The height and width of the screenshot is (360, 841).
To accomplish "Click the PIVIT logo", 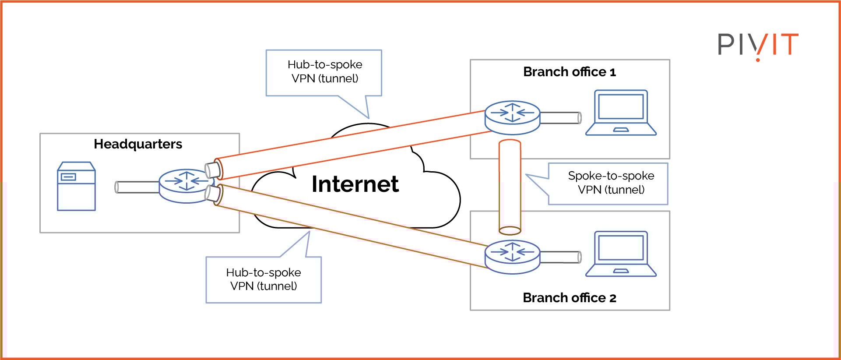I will (x=758, y=45).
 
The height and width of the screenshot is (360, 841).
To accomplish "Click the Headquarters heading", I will (x=138, y=144).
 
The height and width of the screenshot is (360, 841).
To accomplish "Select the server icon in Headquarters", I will (x=76, y=187).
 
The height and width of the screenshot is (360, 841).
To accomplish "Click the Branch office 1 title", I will (x=569, y=72).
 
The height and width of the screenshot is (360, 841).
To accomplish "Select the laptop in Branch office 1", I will (x=621, y=113).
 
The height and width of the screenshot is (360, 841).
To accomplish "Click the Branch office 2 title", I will (x=569, y=298).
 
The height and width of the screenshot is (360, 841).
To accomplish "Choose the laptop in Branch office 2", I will (x=621, y=254).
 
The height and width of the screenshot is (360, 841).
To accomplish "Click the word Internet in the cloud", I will (x=355, y=184).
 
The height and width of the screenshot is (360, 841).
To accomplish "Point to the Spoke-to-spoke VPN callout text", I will (x=611, y=183).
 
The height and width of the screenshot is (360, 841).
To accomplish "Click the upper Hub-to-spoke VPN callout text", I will (x=325, y=71).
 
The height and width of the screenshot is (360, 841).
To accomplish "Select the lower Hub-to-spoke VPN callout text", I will (x=264, y=279).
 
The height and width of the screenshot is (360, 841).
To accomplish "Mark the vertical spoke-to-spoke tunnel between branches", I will (x=510, y=186).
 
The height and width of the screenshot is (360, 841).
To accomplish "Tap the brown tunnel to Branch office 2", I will (x=350, y=226).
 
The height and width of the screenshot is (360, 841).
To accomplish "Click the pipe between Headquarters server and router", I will (x=137, y=187).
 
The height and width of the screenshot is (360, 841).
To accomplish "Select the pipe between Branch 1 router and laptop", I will (x=560, y=118).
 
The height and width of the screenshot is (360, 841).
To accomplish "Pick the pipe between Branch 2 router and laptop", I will (x=560, y=257).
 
